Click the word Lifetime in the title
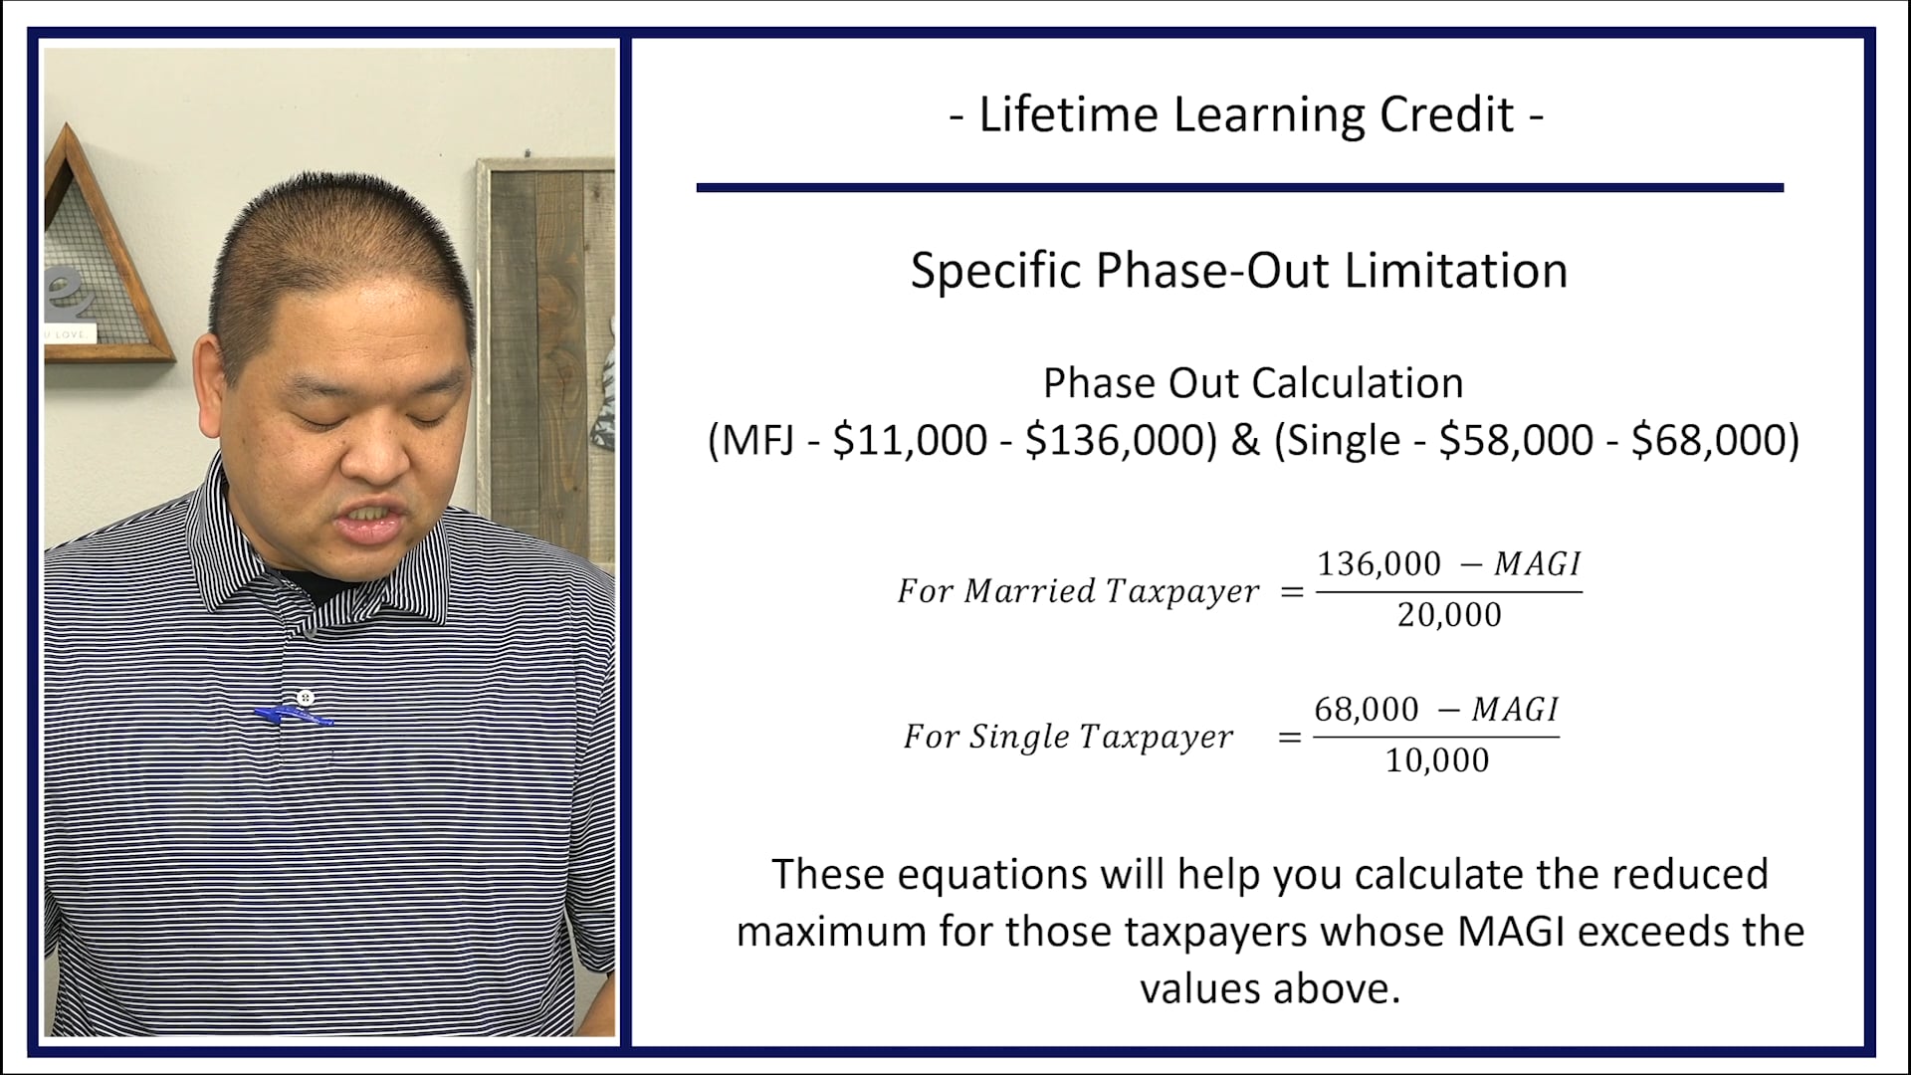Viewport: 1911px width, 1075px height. [x=1068, y=114]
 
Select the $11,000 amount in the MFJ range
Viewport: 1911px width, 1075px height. [x=909, y=440]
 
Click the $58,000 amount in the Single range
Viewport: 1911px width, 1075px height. [x=1516, y=440]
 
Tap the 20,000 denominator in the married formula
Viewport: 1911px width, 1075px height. [x=1449, y=615]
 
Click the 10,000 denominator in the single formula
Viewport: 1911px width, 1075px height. [x=1437, y=760]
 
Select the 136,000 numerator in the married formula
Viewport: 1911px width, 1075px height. [x=1379, y=564]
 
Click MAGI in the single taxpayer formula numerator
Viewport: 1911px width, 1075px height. [x=1514, y=710]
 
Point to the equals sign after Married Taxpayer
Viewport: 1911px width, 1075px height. [x=1292, y=592]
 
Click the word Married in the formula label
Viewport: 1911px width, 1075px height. [x=1029, y=591]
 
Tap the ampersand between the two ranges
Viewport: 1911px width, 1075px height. [x=1245, y=440]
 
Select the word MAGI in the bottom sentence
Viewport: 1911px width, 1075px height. [x=1513, y=932]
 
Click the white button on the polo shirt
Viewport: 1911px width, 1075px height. [x=306, y=697]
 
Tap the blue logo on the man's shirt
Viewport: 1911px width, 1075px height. [x=293, y=715]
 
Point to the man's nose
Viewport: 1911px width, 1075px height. [x=377, y=453]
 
